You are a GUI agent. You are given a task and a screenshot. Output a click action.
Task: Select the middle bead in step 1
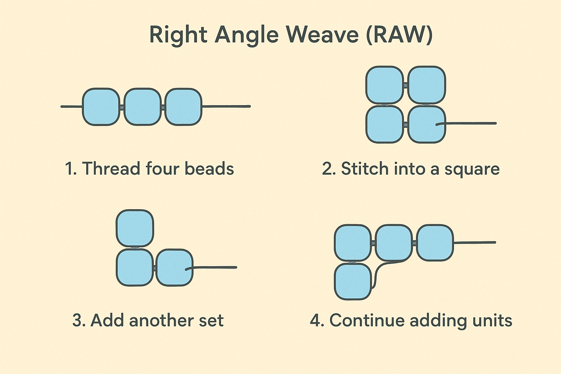point(142,107)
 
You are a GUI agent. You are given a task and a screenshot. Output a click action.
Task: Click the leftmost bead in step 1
point(101,107)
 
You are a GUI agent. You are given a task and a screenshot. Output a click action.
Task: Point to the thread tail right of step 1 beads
point(226,106)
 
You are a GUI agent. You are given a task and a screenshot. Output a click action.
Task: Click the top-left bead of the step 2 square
point(385,85)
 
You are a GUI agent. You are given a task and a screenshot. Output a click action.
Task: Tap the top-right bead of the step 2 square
point(426,85)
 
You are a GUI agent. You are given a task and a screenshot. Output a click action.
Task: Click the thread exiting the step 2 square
point(471,123)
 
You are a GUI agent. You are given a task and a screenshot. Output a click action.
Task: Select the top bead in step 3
point(135,228)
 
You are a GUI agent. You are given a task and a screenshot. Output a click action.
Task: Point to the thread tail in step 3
point(215,267)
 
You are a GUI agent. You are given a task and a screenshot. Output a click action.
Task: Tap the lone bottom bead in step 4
point(353,282)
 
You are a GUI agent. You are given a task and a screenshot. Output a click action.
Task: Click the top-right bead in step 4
point(435,243)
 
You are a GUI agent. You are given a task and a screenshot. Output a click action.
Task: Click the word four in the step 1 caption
point(162,169)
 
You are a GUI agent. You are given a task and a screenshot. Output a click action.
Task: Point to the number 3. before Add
point(79,320)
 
